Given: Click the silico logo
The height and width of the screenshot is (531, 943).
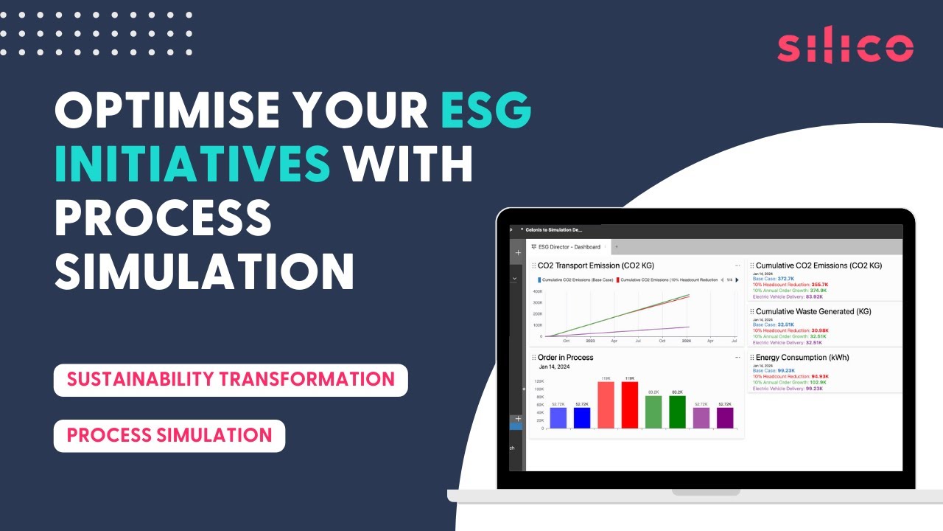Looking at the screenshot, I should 845,47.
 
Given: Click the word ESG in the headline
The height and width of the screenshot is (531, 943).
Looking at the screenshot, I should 486,111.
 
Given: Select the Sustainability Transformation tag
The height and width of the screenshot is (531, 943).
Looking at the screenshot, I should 231,380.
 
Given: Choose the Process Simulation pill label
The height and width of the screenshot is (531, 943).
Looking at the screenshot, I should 169,435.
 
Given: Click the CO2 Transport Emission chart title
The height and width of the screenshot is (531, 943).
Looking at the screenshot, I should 595,265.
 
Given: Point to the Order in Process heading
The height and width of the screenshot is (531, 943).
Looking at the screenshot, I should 565,358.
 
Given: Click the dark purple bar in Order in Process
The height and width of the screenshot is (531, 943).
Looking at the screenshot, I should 725,417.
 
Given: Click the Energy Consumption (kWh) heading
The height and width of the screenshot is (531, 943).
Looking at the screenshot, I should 802,358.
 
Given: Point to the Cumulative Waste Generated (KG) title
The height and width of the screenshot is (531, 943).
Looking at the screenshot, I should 813,312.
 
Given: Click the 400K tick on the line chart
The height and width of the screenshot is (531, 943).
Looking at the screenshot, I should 538,291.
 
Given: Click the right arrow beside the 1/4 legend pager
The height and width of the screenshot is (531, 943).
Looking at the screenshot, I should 737,280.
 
